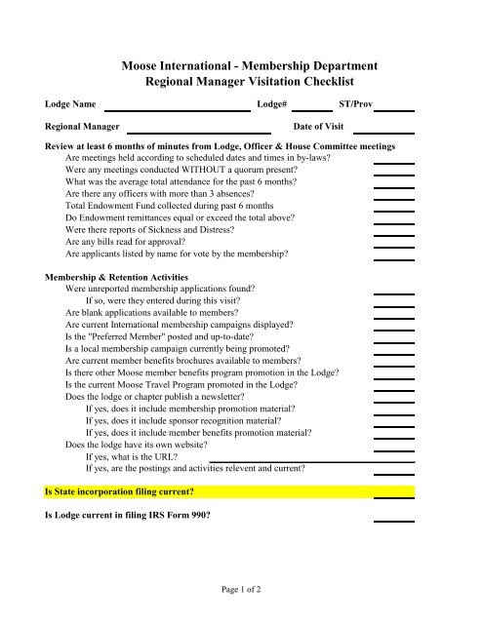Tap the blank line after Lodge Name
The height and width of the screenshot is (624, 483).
[177, 109]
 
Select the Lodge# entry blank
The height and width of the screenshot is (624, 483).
[311, 109]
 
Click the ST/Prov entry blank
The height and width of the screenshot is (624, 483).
[393, 109]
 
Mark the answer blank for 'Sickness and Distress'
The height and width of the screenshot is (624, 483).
[393, 223]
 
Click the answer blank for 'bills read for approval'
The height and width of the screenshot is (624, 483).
[393, 236]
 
